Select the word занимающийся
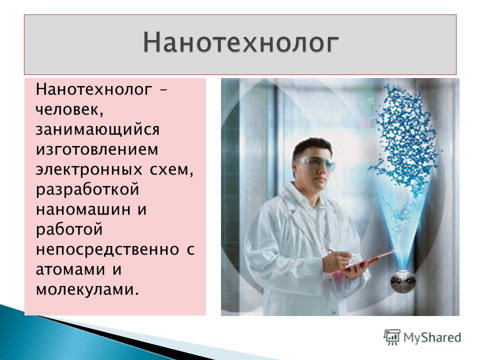click(97, 130)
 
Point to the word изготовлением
click(97, 149)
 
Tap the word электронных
click(89, 170)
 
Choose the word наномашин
click(83, 209)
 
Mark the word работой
click(69, 229)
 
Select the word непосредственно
click(107, 250)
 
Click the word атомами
click(69, 269)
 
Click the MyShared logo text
click(432, 338)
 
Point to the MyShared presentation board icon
click(392, 337)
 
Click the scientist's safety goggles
click(315, 163)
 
